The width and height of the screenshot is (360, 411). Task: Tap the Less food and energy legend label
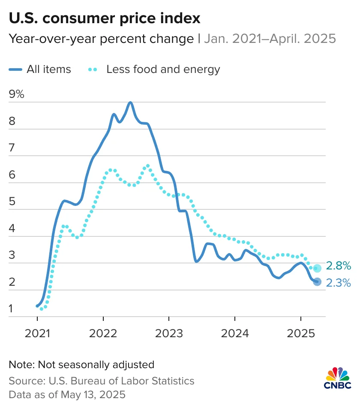(163, 69)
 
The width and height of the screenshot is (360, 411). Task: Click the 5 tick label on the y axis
(12, 202)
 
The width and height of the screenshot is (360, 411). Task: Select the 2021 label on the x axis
(37, 333)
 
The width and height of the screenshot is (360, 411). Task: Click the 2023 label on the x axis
(169, 333)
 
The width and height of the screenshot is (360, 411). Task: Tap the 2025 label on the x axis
(301, 333)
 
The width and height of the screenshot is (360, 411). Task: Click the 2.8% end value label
(339, 266)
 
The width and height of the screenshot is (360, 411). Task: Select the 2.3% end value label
(339, 283)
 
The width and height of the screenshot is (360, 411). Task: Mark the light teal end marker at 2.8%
(317, 269)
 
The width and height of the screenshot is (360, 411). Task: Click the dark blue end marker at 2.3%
(317, 282)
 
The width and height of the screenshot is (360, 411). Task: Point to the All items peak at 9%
(130, 103)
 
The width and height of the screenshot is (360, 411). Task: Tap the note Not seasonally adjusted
(81, 365)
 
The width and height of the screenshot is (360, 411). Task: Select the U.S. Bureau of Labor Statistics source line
(102, 381)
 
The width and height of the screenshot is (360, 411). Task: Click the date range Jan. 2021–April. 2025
(270, 39)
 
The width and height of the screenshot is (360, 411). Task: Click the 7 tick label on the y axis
(12, 148)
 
